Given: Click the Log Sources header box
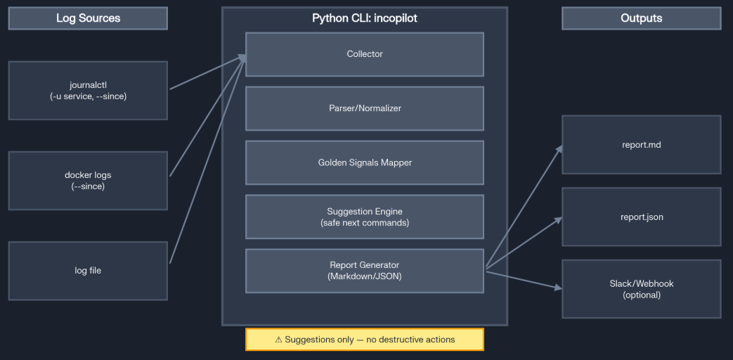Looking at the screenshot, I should (x=88, y=18).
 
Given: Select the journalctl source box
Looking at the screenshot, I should (x=88, y=90).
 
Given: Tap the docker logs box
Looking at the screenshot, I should (x=88, y=180).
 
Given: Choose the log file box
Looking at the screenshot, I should (x=88, y=271).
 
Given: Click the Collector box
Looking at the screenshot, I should (x=364, y=54).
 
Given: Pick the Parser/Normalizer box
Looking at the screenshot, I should (x=364, y=108).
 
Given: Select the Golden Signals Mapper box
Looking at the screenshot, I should (x=364, y=162).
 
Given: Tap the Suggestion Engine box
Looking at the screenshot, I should (x=364, y=217).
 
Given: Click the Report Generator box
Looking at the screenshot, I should (x=364, y=271).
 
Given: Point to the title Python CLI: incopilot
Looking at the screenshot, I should (x=364, y=18).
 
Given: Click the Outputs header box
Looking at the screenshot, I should (x=641, y=18).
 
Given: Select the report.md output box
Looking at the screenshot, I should (x=641, y=145).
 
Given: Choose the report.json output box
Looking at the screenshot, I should (x=641, y=217).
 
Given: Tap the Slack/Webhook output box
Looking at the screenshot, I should (x=641, y=289).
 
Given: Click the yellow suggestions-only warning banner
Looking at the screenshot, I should (x=364, y=339).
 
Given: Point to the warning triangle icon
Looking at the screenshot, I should (x=278, y=340).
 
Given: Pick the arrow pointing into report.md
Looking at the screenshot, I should (x=524, y=207).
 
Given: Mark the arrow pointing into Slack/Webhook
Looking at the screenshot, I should (x=524, y=280).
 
